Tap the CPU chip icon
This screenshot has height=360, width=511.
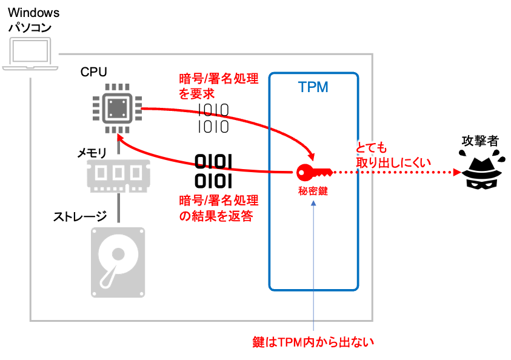point(118,109)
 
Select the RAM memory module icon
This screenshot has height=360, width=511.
point(118,175)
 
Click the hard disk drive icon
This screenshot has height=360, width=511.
point(118,262)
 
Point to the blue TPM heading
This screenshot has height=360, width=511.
point(313,87)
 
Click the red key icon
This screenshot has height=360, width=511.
point(312,172)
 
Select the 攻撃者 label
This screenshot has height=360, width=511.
point(479,141)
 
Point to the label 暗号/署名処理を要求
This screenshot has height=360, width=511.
point(219,86)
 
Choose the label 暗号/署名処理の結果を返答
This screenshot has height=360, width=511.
point(219,208)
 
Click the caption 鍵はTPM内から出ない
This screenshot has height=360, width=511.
point(314,342)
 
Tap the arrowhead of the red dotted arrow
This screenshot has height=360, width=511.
point(457,172)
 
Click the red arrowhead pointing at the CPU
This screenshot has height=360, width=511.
point(119,138)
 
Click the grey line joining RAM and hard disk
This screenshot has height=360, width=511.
point(118,209)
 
